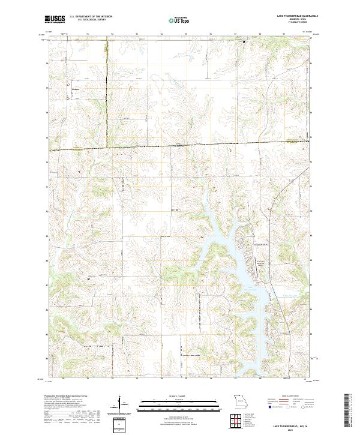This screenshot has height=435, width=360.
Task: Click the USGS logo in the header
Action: coord(55,19)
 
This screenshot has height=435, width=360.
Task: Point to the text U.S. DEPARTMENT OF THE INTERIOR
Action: coord(92,17)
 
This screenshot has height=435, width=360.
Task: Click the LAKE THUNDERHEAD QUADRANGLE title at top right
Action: coord(292,17)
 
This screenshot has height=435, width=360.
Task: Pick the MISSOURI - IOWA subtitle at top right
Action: coord(296,20)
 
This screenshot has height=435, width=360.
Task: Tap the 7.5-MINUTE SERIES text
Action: coord(296,23)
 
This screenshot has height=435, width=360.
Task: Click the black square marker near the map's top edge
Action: coord(244,41)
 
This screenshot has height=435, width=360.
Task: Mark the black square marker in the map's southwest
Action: coord(89,278)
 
